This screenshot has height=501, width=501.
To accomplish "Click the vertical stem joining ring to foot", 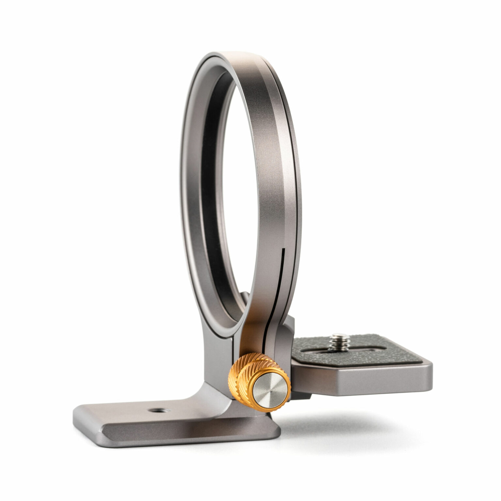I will click(217, 369).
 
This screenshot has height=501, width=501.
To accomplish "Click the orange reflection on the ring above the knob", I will click(258, 336).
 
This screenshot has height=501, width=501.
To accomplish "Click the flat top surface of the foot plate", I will click(130, 413).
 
